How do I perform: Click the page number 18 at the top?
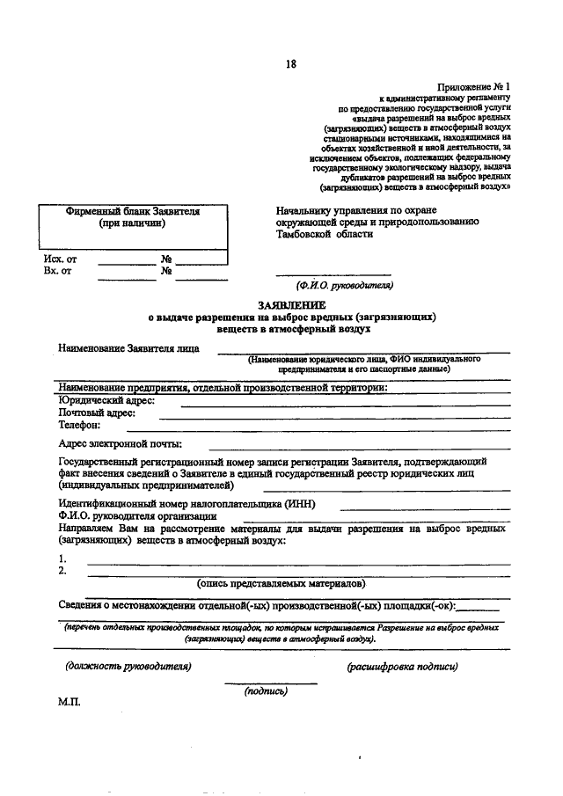click(x=290, y=62)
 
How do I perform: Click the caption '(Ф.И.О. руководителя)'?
click(x=344, y=286)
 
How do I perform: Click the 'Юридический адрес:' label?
click(x=106, y=400)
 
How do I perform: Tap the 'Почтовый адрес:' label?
click(x=97, y=413)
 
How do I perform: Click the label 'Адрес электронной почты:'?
click(x=120, y=443)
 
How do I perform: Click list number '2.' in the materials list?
click(x=62, y=571)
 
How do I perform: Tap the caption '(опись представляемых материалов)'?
click(x=281, y=583)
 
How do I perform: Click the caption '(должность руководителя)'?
click(x=128, y=666)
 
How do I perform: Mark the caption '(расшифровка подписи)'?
click(x=402, y=666)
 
